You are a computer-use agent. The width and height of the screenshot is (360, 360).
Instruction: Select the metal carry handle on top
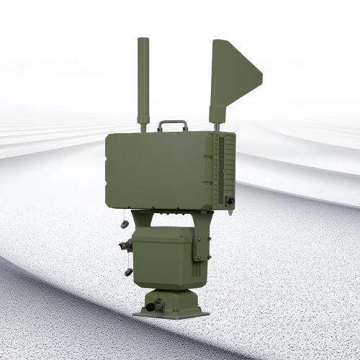pos(172,125)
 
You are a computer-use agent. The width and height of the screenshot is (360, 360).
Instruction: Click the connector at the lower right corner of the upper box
pos(230,201)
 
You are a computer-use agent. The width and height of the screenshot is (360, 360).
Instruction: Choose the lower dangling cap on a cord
pos(129,271)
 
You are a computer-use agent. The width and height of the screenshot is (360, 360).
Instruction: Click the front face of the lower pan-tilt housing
pos(162,256)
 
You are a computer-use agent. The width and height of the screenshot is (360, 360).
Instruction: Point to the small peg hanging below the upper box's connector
pos(230,211)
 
